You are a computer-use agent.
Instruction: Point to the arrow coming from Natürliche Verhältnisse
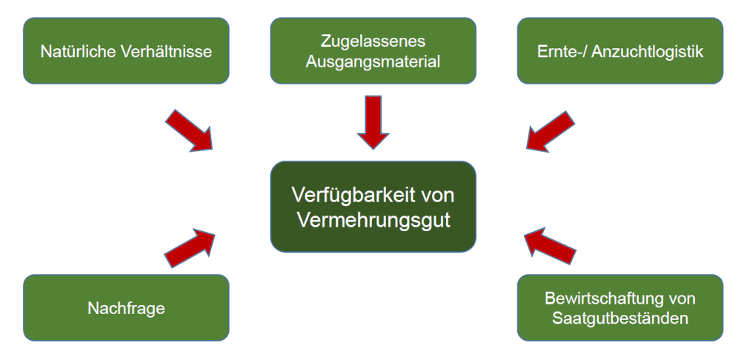point(189,130)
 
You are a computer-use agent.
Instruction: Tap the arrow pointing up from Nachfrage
point(189,245)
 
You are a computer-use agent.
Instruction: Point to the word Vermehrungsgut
point(372,221)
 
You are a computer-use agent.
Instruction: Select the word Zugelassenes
point(373,41)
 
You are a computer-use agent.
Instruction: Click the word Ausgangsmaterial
point(373,61)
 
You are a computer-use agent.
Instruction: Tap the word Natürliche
point(72,52)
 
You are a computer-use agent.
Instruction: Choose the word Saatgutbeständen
point(619,319)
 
